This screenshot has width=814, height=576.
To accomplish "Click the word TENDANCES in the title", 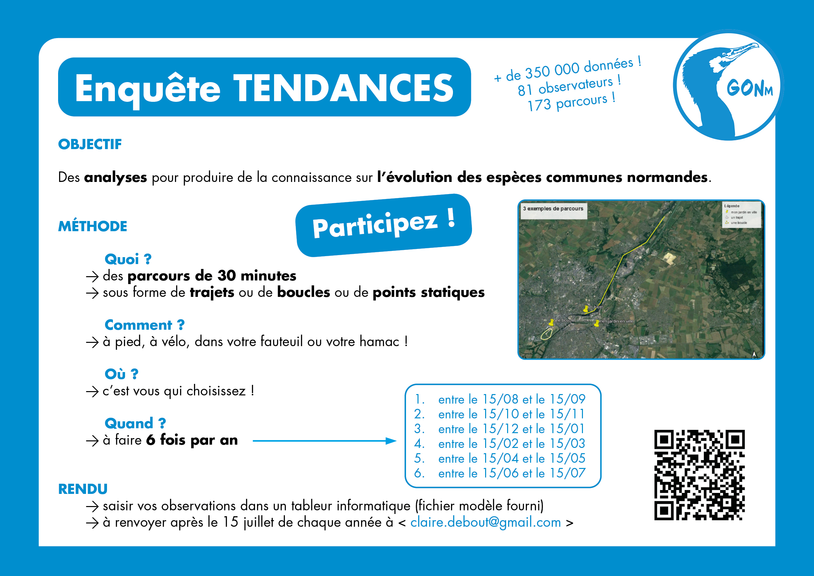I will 343,88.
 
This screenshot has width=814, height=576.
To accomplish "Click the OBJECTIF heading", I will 90,144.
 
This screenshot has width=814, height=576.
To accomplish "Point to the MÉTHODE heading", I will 93,226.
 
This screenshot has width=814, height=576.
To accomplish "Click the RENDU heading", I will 83,489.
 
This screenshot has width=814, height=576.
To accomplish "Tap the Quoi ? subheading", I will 128,259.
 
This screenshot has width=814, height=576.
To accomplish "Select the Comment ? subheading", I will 144,325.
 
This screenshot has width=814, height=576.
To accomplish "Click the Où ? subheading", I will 121,374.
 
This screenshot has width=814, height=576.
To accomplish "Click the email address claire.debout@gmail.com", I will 485,522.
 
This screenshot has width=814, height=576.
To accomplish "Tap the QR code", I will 699,475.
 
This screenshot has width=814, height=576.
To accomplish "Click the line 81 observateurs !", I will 569,86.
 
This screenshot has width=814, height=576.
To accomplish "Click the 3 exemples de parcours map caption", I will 553,209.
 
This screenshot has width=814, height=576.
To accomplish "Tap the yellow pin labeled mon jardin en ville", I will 597,323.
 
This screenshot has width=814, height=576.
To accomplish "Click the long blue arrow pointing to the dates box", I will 324,441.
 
